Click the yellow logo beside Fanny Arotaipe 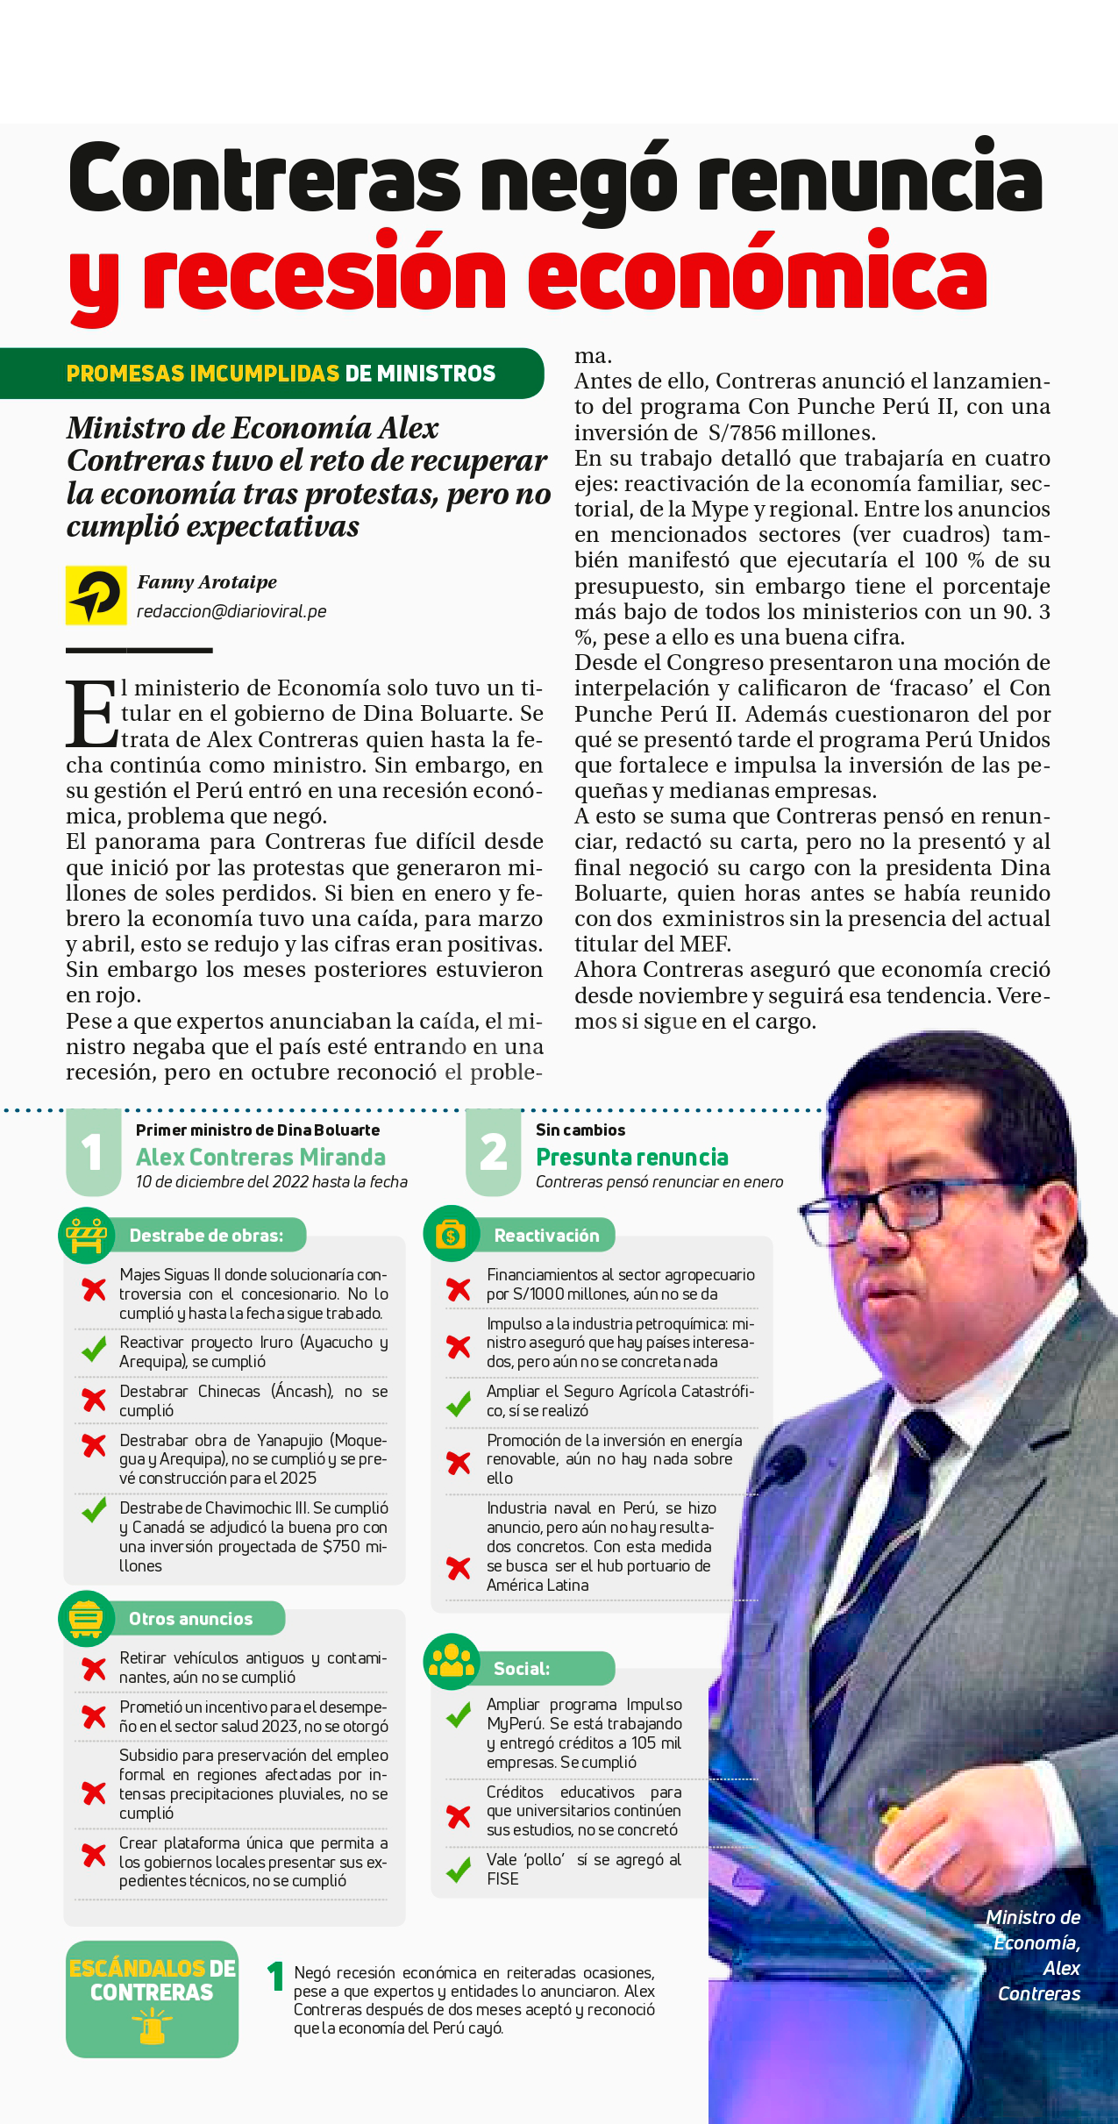click(x=96, y=595)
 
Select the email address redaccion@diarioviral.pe click(x=231, y=611)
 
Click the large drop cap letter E click(x=90, y=714)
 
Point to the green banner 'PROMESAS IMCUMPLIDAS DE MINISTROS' click(x=281, y=374)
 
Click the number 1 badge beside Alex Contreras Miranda click(x=93, y=1152)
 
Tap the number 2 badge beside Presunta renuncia click(x=493, y=1152)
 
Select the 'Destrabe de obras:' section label click(x=206, y=1236)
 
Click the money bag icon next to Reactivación click(x=451, y=1235)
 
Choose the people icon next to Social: click(x=452, y=1661)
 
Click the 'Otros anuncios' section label click(x=190, y=1619)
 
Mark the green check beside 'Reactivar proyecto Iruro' click(x=94, y=1350)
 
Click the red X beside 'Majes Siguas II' click(x=94, y=1290)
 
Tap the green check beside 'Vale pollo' click(x=458, y=1871)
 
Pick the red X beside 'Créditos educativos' click(x=458, y=1816)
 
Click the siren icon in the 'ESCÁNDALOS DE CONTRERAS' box click(x=151, y=2027)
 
